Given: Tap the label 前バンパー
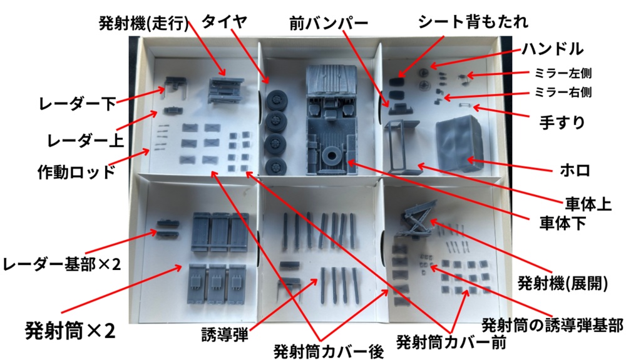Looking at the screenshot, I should (x=327, y=24).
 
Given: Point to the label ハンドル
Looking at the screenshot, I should (x=552, y=49).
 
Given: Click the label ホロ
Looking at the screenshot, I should (x=573, y=170).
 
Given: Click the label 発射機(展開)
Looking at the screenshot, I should (x=562, y=283).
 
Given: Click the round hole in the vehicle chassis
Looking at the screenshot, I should (x=330, y=154).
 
